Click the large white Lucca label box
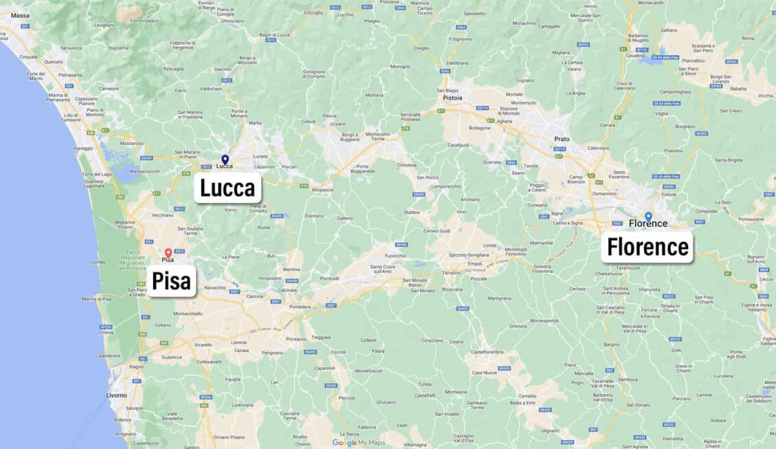click(228, 188)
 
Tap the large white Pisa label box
click(172, 281)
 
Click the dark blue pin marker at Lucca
click(225, 160)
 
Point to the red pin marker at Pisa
click(168, 253)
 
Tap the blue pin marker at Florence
click(648, 217)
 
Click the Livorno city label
click(116, 395)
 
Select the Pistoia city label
click(452, 98)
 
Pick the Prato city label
click(562, 139)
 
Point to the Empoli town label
click(474, 263)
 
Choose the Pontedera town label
click(300, 307)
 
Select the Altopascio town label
click(322, 190)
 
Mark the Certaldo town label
click(527, 396)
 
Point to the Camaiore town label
click(109, 88)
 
